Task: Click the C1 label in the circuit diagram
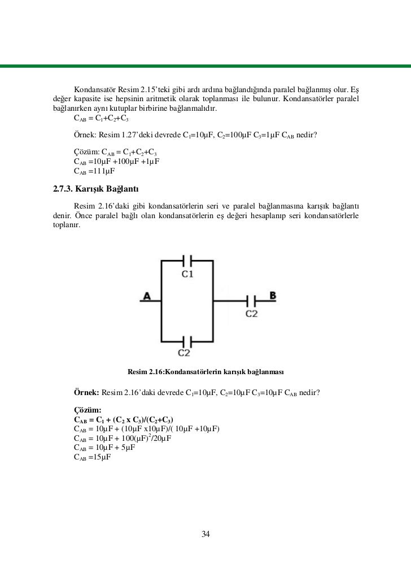[187, 275]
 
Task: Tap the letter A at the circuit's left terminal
[147, 296]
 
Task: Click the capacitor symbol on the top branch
[188, 261]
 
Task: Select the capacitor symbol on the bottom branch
[188, 341]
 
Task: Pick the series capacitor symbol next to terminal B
[252, 300]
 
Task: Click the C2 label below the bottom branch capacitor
[185, 354]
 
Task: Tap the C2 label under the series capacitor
[252, 313]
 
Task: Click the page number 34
[205, 535]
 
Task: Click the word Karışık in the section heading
[99, 188]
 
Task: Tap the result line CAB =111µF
[94, 171]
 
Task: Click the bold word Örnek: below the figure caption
[86, 392]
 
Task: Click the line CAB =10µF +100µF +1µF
[116, 162]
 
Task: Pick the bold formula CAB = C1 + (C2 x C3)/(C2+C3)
[124, 419]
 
